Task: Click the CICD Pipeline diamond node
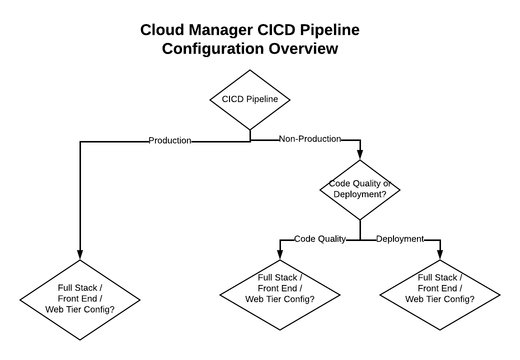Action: click(x=250, y=99)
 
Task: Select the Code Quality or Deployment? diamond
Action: click(x=360, y=189)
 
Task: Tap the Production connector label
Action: click(x=170, y=141)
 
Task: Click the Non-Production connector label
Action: click(x=310, y=139)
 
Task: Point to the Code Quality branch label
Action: click(x=320, y=239)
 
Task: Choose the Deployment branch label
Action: click(x=400, y=239)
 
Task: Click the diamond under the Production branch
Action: click(x=80, y=299)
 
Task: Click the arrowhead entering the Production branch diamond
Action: click(x=80, y=255)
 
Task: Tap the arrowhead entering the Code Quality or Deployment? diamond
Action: click(x=360, y=155)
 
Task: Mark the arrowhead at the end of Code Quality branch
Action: click(x=280, y=255)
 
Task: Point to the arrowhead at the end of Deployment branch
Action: click(x=440, y=255)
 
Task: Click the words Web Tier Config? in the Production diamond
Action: click(x=80, y=309)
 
